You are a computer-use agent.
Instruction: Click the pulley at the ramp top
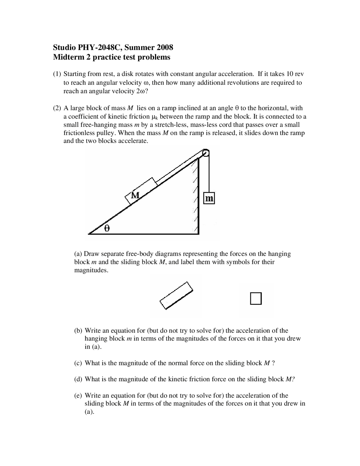pyautogui.click(x=206, y=153)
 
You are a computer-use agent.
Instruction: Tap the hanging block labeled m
pyautogui.click(x=209, y=198)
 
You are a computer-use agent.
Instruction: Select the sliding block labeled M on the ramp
pyautogui.click(x=141, y=191)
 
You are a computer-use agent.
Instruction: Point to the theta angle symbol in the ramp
pyautogui.click(x=107, y=228)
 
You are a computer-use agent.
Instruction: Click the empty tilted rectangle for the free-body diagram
pyautogui.click(x=177, y=295)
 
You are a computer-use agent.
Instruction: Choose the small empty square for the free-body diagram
pyautogui.click(x=256, y=298)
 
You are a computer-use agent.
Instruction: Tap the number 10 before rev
pyautogui.click(x=290, y=74)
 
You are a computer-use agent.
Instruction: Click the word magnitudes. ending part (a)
pyautogui.click(x=91, y=270)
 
